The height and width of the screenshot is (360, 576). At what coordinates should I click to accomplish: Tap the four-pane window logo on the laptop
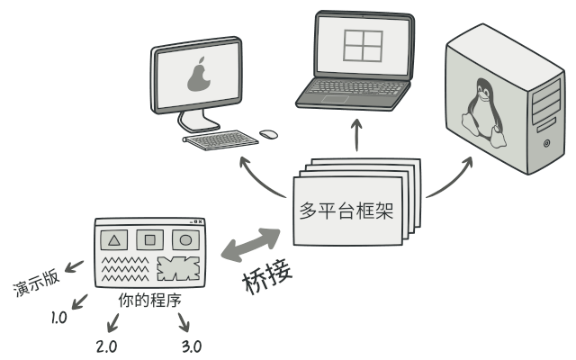(363, 46)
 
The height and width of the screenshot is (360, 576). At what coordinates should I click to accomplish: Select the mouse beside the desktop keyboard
(268, 134)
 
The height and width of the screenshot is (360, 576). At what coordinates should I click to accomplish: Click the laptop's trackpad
(336, 99)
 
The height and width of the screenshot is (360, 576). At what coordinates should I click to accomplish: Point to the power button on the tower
(546, 143)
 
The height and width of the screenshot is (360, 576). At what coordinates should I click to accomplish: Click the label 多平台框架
(346, 210)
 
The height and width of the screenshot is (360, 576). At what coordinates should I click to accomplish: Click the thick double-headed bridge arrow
(251, 245)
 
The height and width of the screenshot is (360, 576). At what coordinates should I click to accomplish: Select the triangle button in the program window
(114, 240)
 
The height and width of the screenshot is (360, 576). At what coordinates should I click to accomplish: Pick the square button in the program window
(150, 240)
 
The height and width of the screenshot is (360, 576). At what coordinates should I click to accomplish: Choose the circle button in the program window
(185, 240)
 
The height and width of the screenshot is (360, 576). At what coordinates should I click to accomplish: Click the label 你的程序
(150, 300)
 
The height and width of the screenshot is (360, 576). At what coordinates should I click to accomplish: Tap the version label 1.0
(58, 318)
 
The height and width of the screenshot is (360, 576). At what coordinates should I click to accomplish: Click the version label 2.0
(106, 346)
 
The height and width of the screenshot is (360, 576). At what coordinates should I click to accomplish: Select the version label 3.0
(192, 346)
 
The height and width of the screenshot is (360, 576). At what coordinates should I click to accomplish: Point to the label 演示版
(36, 282)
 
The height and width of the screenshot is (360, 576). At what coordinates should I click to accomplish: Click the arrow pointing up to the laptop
(356, 135)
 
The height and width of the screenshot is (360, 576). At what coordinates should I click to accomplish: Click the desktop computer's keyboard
(220, 140)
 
